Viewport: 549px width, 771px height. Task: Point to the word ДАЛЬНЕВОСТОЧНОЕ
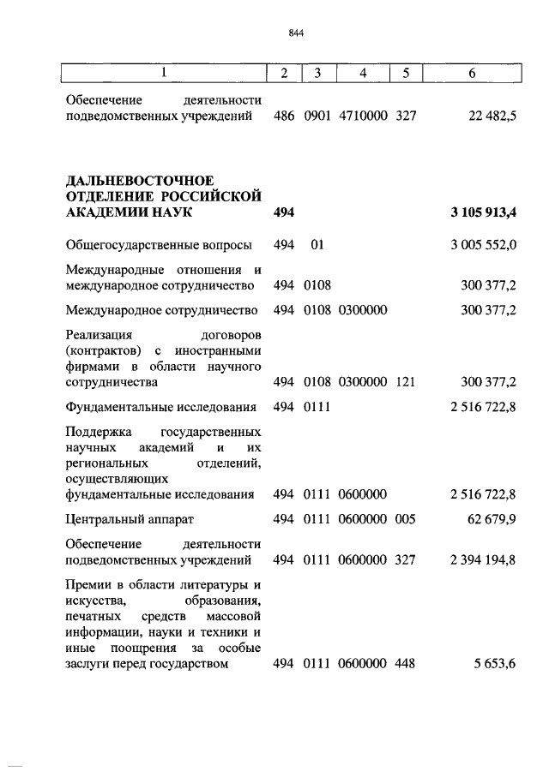[139, 179]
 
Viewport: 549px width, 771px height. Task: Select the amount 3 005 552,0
[483, 246]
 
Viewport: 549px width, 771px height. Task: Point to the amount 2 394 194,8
[483, 560]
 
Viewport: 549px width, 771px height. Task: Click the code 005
[406, 519]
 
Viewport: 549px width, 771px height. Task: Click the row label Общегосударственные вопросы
[159, 246]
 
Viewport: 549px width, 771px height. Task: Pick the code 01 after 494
[317, 246]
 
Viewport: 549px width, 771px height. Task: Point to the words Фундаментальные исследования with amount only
[162, 407]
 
